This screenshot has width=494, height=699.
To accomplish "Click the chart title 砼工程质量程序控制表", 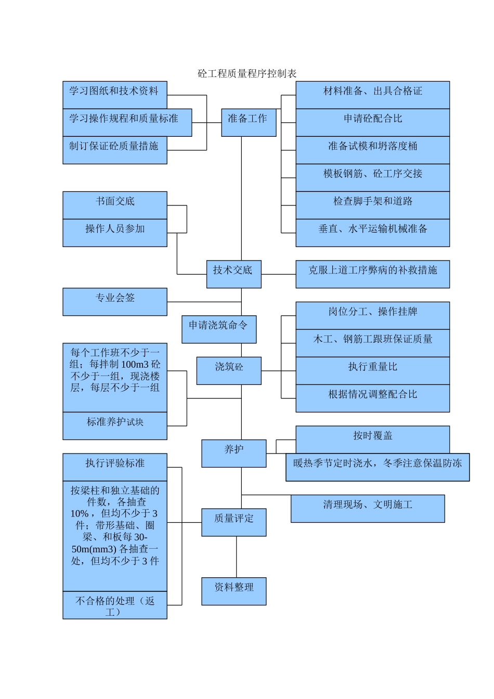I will click(247, 73).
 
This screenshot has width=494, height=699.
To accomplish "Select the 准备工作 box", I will click(249, 123).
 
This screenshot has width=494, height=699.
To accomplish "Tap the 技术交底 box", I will click(233, 274).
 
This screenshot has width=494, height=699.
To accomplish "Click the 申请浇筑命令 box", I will click(219, 329).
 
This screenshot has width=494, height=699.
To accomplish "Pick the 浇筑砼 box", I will click(229, 371).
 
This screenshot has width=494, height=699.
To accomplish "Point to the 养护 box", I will click(233, 453).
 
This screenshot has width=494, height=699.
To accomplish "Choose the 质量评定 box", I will click(233, 522).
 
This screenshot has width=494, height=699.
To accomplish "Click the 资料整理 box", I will click(233, 591).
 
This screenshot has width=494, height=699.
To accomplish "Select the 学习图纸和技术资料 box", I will click(114, 95).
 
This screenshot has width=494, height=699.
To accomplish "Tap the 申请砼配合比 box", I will click(372, 122).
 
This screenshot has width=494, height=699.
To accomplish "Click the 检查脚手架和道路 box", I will click(372, 205).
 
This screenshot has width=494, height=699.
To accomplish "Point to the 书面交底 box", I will click(114, 205).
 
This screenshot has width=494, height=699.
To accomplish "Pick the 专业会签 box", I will click(114, 302).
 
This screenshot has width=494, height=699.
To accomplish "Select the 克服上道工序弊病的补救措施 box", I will click(372, 274).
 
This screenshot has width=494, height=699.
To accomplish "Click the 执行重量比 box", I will click(372, 370).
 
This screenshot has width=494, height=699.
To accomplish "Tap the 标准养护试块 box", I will click(114, 425).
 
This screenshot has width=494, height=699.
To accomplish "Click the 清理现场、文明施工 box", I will click(367, 508).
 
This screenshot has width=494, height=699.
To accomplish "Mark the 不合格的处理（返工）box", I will click(114, 605).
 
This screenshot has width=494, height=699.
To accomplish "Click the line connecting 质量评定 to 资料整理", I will click(237, 556).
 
